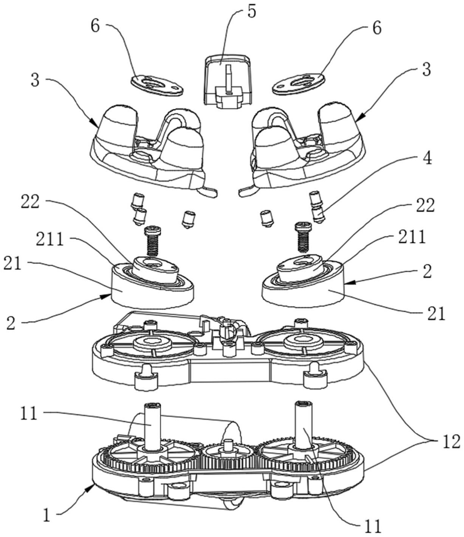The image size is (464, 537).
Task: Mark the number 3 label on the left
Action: point(35,81)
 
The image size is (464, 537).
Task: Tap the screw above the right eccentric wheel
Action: point(303,236)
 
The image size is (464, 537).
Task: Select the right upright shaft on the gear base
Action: point(302,427)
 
